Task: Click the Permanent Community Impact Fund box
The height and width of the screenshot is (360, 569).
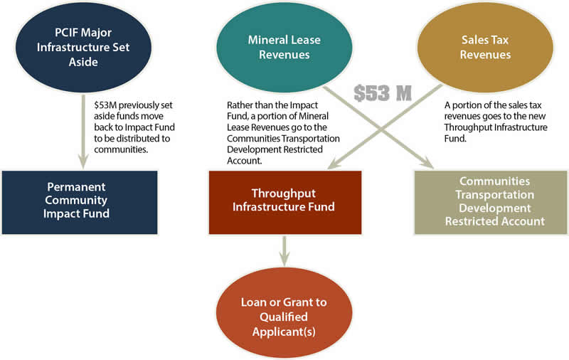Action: tap(80, 201)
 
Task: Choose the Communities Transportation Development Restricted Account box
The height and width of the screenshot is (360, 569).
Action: tap(490, 201)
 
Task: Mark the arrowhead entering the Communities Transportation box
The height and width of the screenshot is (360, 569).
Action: tap(429, 165)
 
